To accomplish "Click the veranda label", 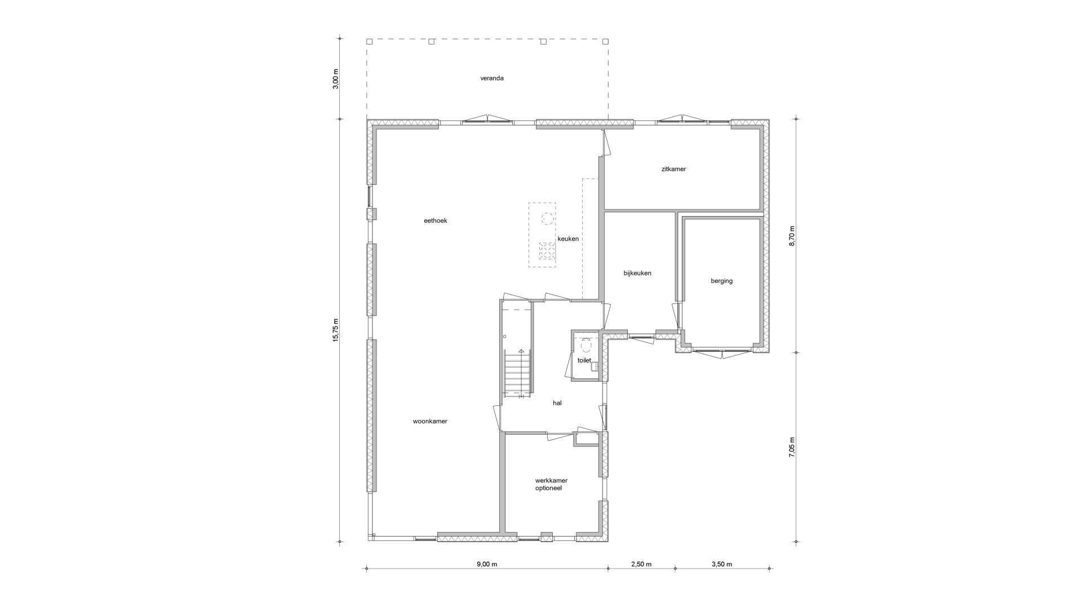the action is coord(491,78).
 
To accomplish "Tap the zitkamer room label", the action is coord(673,169).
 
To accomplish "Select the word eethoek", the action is coord(435,221).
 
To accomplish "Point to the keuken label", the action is coord(568,239).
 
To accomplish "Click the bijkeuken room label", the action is coord(637,273).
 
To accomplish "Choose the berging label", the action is coord(722,281).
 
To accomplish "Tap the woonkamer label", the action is coord(430,421).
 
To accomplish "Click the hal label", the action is coord(557,403).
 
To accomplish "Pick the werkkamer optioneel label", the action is coord(551,484).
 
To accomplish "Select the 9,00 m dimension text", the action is coord(487,564).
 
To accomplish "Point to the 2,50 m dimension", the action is coord(641,564).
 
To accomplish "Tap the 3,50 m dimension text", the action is coord(721,564).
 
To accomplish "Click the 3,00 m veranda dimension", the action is coord(336,79).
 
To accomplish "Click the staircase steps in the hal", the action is coord(518,373).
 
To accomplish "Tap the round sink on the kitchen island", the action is coord(547,217).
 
